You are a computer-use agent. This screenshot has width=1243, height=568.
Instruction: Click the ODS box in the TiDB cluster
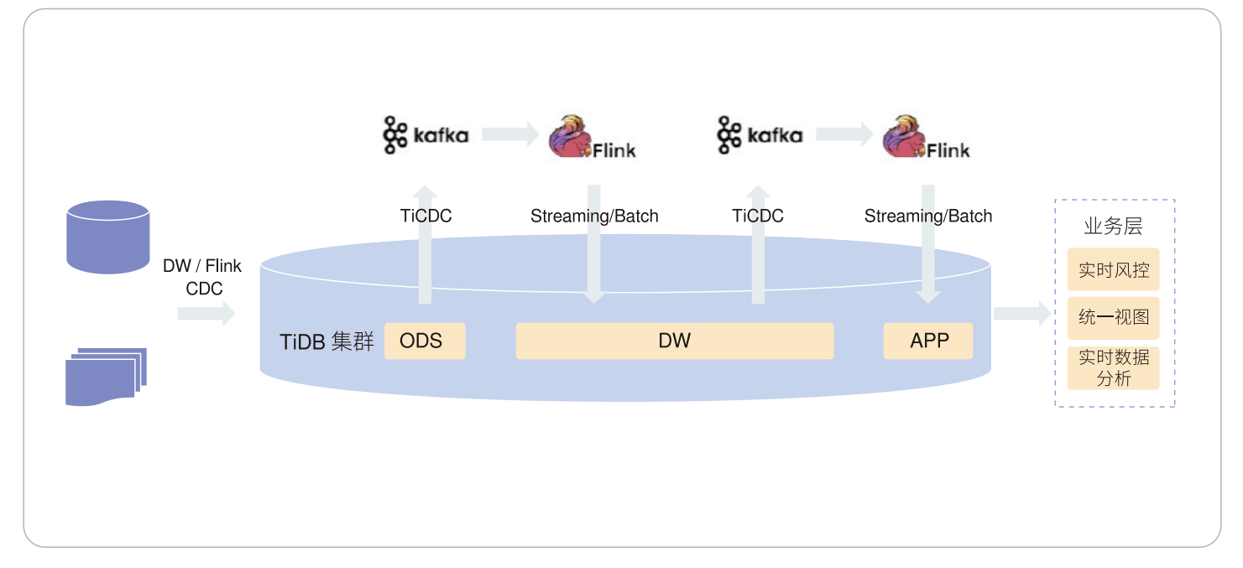tap(425, 341)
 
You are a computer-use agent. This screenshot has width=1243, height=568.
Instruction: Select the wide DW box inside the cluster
tap(674, 341)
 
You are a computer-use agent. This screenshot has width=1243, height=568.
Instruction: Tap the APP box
tap(928, 341)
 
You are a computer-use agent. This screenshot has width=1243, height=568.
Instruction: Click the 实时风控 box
tap(1113, 270)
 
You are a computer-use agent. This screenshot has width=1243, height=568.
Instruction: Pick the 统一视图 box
tap(1113, 318)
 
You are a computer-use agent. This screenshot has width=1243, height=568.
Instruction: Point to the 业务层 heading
tap(1113, 227)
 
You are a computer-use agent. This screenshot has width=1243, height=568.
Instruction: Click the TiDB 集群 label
tap(326, 342)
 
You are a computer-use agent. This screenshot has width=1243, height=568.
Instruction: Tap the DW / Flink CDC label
tap(202, 277)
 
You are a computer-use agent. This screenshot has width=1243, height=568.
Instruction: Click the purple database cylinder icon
tap(108, 237)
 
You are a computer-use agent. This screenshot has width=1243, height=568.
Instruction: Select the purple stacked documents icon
tap(106, 377)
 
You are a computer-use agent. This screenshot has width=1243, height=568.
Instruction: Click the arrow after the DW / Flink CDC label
tap(206, 314)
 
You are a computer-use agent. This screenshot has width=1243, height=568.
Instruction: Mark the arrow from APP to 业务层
tap(1021, 314)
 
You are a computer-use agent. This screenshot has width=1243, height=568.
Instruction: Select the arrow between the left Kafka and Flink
tap(509, 134)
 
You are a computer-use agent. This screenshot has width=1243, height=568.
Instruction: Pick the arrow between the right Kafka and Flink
tap(843, 134)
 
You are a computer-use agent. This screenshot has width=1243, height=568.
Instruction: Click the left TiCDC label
tap(426, 216)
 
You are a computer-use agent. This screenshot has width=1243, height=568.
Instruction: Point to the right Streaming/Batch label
tap(928, 216)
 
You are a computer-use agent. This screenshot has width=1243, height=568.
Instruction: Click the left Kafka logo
tap(426, 135)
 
